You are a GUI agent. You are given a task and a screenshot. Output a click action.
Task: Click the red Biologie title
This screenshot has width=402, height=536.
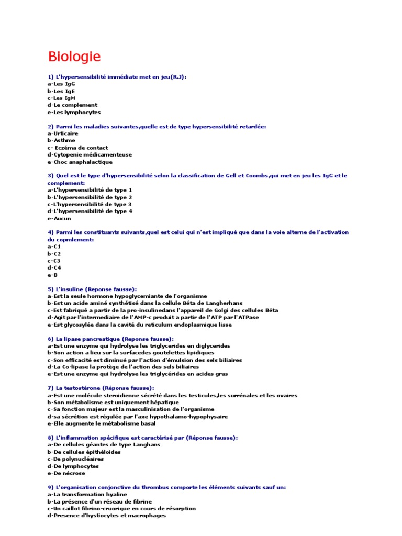click(74, 56)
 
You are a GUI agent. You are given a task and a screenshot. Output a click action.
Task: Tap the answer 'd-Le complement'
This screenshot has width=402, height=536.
click(72, 105)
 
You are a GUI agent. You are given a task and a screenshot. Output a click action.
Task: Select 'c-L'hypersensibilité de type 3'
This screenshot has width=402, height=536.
click(90, 204)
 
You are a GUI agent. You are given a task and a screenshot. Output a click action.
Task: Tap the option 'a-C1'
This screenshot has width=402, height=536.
click(54, 247)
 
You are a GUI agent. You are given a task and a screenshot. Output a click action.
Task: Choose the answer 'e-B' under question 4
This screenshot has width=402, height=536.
click(52, 275)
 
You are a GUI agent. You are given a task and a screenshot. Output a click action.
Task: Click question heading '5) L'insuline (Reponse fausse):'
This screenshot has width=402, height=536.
click(92, 289)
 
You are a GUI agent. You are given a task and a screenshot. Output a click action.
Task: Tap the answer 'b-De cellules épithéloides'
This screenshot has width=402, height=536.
click(84, 452)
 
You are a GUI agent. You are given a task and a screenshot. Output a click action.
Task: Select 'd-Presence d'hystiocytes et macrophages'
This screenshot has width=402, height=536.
click(106, 516)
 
